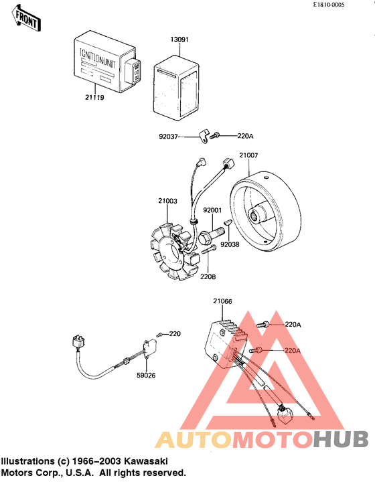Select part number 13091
click(178, 40)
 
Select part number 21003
click(167, 200)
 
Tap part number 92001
click(212, 210)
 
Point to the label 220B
click(207, 276)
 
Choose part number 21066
click(222, 302)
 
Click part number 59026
click(146, 376)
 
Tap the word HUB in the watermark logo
click(341, 439)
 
